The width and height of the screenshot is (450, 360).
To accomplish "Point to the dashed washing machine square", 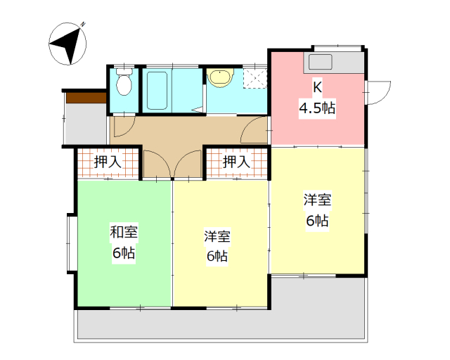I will coord(255,77).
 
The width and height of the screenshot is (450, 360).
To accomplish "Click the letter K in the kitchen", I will coord(317,88).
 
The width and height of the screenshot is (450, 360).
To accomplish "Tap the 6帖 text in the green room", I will coord(124,253).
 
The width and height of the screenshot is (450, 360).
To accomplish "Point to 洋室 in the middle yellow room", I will coord(218,236).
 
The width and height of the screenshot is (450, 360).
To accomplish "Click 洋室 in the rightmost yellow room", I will coord(317,200).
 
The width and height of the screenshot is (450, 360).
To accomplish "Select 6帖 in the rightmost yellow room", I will coord(317,220).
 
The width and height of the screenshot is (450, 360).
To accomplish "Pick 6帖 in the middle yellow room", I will coord(218,256).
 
